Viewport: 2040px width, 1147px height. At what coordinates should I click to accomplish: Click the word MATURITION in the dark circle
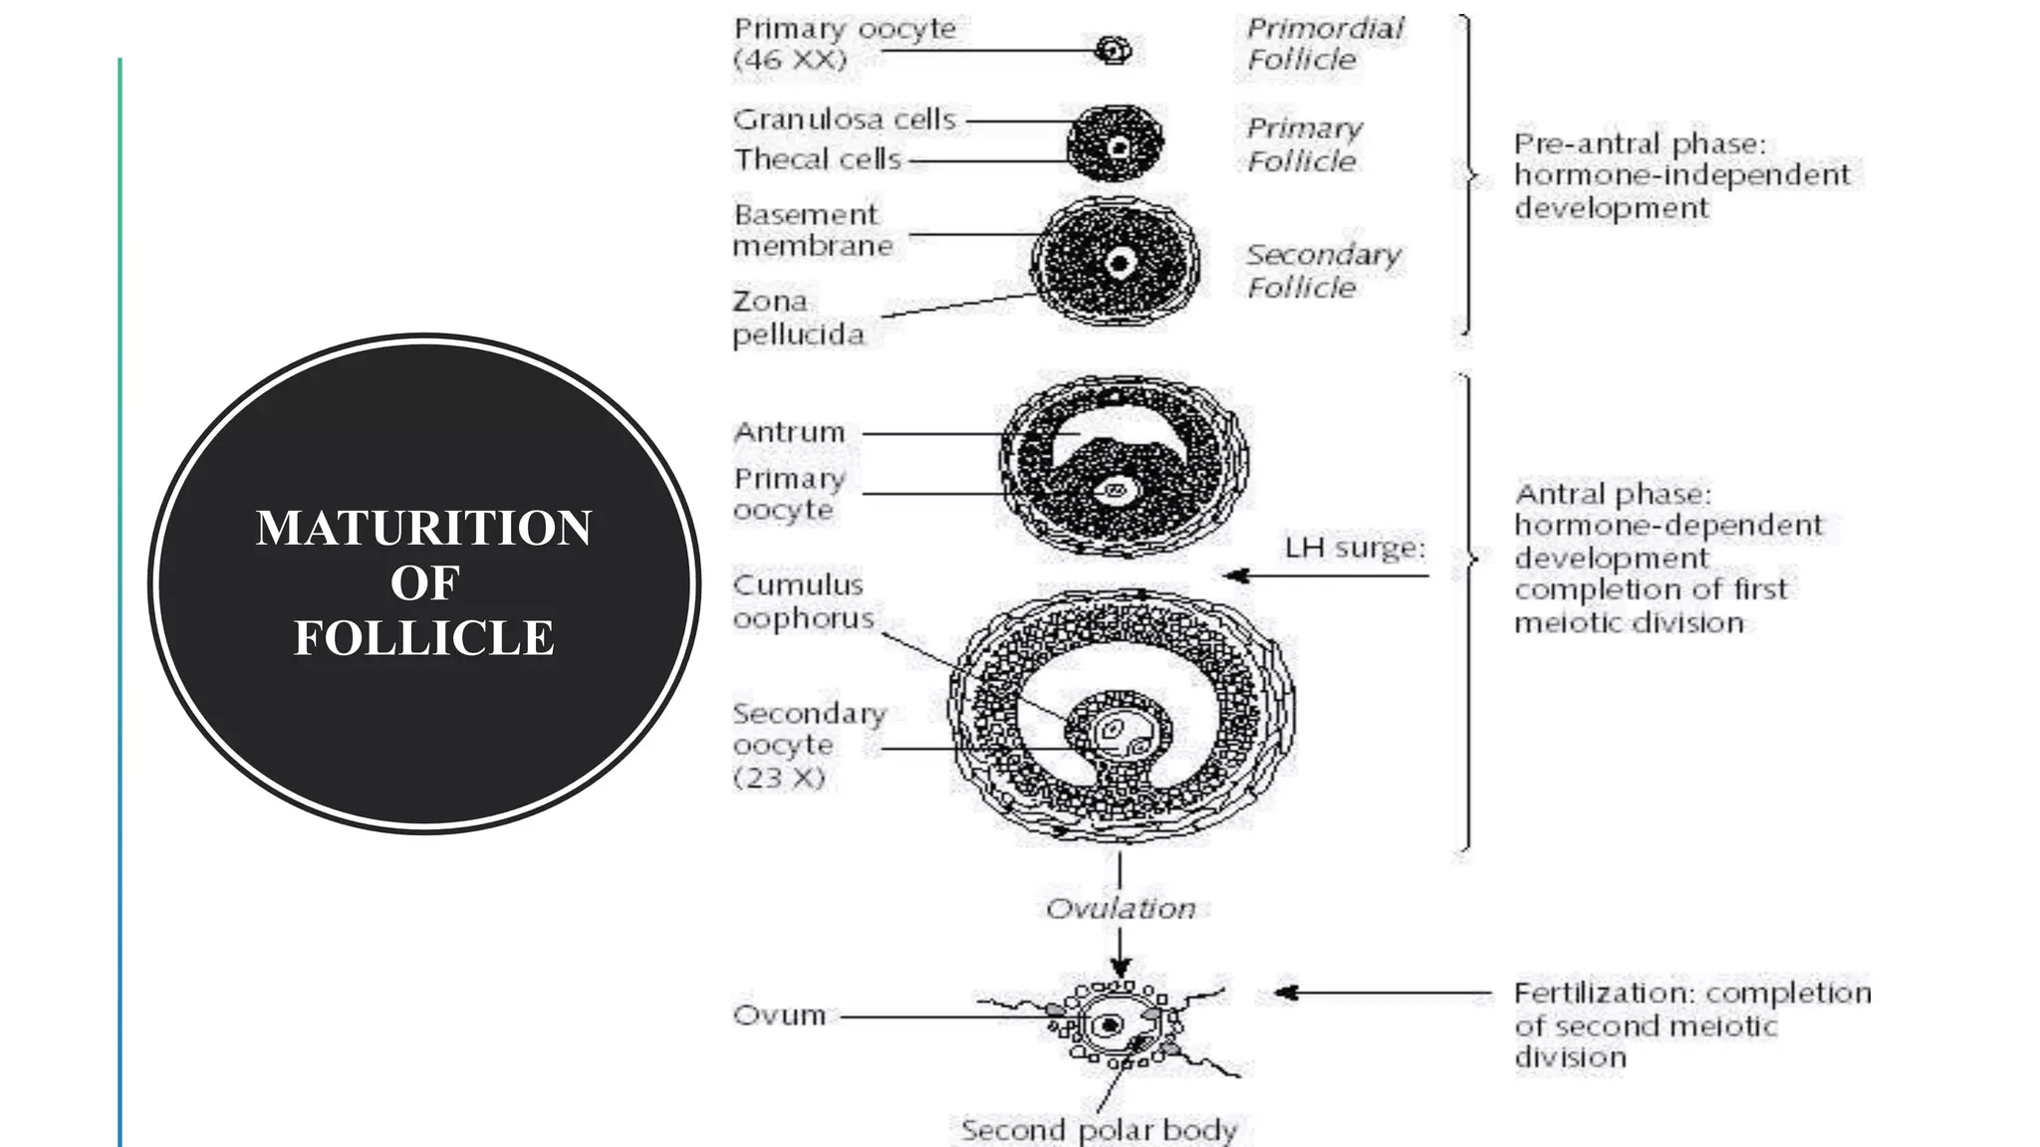pyautogui.click(x=423, y=528)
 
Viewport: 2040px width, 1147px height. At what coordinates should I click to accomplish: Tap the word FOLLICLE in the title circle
pyautogui.click(x=423, y=638)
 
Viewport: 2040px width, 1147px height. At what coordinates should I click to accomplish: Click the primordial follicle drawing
pyautogui.click(x=1113, y=50)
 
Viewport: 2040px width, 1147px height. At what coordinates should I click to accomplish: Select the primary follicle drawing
pyautogui.click(x=1115, y=143)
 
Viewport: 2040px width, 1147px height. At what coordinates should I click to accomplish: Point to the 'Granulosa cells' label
pyautogui.click(x=845, y=120)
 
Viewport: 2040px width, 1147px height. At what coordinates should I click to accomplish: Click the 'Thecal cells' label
pyautogui.click(x=818, y=159)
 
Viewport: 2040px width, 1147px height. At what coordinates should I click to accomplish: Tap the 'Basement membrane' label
pyautogui.click(x=812, y=230)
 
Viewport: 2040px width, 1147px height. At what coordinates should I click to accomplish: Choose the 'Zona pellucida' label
pyautogui.click(x=798, y=318)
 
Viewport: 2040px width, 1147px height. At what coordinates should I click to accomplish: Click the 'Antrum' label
pyautogui.click(x=789, y=432)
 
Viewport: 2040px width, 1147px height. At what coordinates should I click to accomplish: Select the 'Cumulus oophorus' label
pyautogui.click(x=803, y=601)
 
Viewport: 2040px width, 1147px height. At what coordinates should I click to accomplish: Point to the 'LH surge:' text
pyautogui.click(x=1355, y=548)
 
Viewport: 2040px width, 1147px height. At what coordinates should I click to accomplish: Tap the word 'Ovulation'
pyautogui.click(x=1121, y=908)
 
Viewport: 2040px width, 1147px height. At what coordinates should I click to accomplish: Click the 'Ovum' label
pyautogui.click(x=779, y=1016)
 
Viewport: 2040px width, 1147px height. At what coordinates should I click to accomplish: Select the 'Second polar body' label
pyautogui.click(x=1099, y=1130)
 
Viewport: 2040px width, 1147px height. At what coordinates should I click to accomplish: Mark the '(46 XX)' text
pyautogui.click(x=790, y=60)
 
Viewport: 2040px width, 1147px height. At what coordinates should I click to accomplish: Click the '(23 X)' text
pyautogui.click(x=779, y=778)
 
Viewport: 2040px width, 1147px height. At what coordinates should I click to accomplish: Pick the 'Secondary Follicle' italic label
pyautogui.click(x=1323, y=271)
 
